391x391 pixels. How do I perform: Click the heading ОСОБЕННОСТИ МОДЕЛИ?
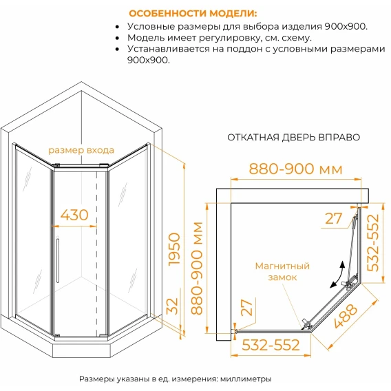pos(193,13)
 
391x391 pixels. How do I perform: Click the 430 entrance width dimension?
pos(74,215)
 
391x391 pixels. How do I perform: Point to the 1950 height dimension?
pos(174,249)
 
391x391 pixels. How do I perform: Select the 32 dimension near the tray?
pos(172,306)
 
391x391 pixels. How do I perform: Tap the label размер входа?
pos(81,150)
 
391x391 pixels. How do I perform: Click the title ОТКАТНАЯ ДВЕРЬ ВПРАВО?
pos(294,138)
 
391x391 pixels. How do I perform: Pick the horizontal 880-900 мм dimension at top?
pos(295,169)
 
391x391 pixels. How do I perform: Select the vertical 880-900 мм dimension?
pos(197,268)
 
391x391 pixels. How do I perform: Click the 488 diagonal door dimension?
pos(346,316)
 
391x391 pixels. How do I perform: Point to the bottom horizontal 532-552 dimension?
pos(271,345)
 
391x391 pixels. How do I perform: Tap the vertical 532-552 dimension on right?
pos(373,242)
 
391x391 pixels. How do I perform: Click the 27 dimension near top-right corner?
pos(333,218)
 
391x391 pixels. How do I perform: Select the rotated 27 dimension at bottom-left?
pos(247,308)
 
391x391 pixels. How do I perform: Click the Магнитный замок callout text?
pos(282,271)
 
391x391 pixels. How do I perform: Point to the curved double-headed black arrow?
pos(339,275)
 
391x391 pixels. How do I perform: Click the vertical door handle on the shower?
pos(58,261)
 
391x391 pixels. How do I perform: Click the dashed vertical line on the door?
pos(97,252)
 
